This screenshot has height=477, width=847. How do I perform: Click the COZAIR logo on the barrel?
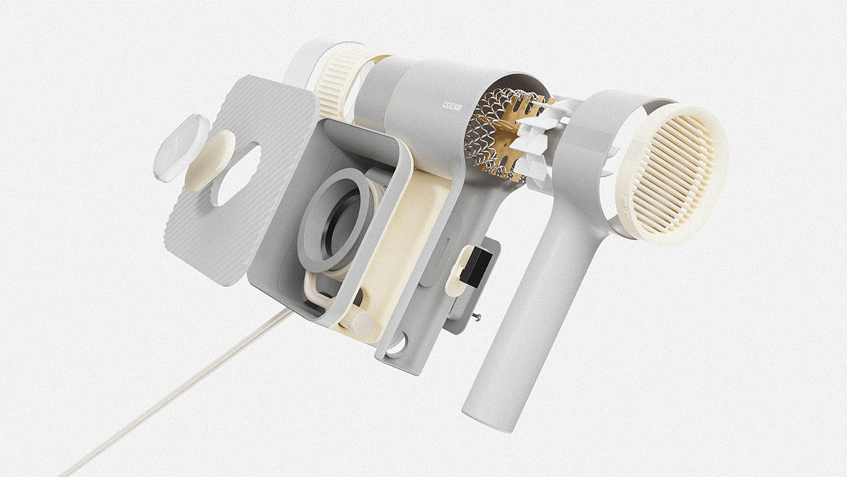coord(453,107)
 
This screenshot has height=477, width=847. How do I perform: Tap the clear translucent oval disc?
coord(181,148)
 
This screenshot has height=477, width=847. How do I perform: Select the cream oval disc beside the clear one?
coord(210,161)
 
